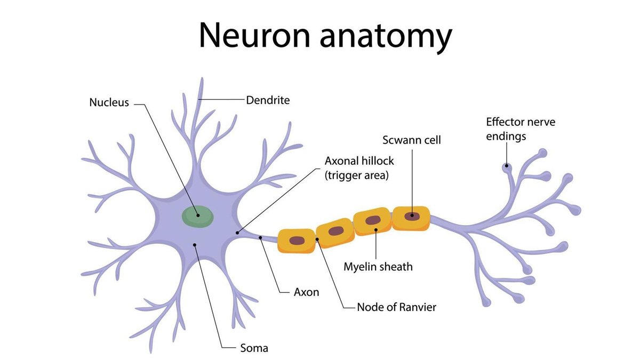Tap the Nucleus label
coord(109,102)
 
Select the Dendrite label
coord(268,100)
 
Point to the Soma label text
coord(254,349)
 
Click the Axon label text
coord(307,292)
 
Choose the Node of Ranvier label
coord(396,307)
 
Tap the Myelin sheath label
coord(378,267)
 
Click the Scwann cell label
coord(412,140)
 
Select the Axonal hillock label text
coord(359,161)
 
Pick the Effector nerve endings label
coord(513,129)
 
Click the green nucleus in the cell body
coord(198,215)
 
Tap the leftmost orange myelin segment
coord(297,241)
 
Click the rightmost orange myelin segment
coord(411,217)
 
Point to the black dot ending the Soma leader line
coord(195,245)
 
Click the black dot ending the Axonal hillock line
coord(237,233)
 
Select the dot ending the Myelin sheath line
coord(375,230)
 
